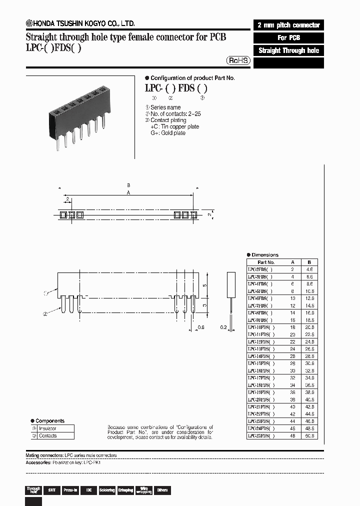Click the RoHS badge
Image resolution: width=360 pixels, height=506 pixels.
pos(238,60)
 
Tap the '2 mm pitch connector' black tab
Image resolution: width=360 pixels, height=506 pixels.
pos(288,25)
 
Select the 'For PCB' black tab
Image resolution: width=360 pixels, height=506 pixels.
pos(288,38)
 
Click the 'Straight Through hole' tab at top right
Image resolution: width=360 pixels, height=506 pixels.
pos(288,50)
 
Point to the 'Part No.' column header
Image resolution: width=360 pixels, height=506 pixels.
pos(266,262)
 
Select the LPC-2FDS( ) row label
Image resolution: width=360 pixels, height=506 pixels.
pos(260,269)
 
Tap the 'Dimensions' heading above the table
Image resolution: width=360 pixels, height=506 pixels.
pos(264,254)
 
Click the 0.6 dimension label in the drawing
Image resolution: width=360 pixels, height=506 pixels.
pos(201,327)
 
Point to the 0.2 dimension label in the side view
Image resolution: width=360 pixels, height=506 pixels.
pos(223,327)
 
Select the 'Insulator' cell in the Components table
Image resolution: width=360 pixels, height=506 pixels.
pos(48,428)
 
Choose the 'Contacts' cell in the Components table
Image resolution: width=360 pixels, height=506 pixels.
pos(48,435)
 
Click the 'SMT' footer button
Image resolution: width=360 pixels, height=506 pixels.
pos(51,490)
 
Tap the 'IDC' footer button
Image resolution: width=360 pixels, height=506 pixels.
pos(88,490)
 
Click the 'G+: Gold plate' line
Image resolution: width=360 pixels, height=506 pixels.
pos(168,133)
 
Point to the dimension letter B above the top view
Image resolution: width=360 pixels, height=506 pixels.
pos(128,185)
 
